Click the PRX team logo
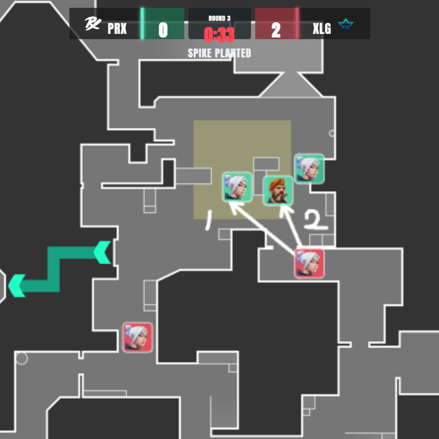[92, 24]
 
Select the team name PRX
[117, 29]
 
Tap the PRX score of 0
[163, 30]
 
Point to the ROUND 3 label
[219, 18]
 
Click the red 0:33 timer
[219, 34]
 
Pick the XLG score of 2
[276, 30]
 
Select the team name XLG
[322, 29]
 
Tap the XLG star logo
[346, 24]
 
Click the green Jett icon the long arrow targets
[238, 187]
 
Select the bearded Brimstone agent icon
[278, 191]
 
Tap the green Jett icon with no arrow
[309, 169]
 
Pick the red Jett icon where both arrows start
[309, 263]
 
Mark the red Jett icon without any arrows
[138, 337]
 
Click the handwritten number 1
[209, 221]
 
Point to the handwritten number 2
[316, 221]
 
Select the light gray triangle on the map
[291, 86]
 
